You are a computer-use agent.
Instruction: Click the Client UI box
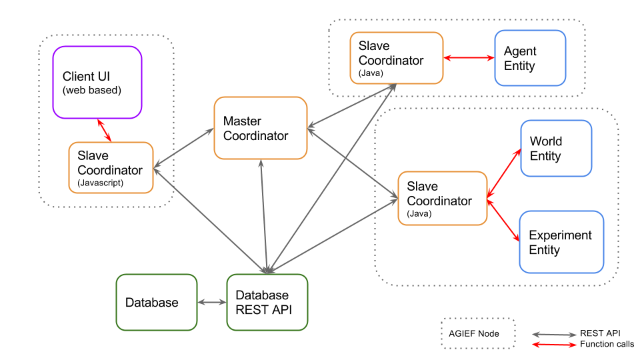97,82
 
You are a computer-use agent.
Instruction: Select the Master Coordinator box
260,128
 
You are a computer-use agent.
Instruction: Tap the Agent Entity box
530,58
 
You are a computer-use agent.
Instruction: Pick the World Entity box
556,148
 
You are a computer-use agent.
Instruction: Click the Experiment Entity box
561,242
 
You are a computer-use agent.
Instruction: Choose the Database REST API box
267,302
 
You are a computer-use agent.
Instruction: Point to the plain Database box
157,302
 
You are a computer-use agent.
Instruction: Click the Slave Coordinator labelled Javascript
111,167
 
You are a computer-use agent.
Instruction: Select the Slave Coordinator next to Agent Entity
396,58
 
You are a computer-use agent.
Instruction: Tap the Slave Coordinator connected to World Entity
442,197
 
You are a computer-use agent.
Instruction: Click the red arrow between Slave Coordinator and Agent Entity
469,59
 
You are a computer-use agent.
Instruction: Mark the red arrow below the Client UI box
104,131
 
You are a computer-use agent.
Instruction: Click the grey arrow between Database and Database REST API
212,303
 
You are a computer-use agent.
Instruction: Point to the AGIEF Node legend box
478,333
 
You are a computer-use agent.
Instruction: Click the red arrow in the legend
553,345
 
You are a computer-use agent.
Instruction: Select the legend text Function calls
607,344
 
